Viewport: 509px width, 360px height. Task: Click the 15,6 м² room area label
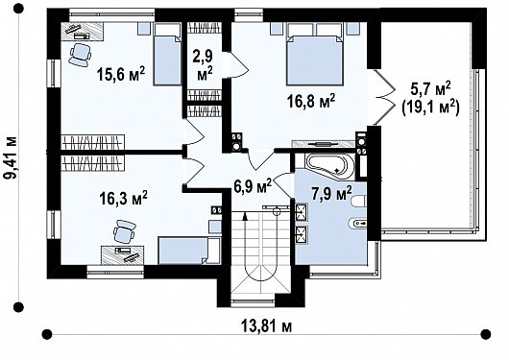click(120, 74)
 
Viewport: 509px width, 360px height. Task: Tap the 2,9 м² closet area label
click(205, 65)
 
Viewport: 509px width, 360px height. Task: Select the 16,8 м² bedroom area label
click(311, 102)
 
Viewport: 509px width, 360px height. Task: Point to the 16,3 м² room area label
click(123, 198)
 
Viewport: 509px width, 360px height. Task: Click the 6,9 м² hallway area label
click(253, 185)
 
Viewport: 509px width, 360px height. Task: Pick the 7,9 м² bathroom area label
click(331, 194)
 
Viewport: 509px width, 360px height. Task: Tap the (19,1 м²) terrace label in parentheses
click(430, 108)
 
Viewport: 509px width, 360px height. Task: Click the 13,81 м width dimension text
click(266, 325)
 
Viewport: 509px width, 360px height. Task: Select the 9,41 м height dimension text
click(11, 157)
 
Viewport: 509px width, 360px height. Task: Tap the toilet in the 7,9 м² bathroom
click(359, 202)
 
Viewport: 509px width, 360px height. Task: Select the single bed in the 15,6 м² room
click(167, 54)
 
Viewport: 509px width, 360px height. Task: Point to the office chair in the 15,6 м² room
click(80, 55)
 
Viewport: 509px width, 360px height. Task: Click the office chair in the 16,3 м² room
click(124, 231)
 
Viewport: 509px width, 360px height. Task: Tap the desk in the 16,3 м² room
click(123, 254)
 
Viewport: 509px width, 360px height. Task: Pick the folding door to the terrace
click(384, 97)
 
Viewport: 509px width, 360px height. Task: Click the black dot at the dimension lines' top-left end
click(18, 9)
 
